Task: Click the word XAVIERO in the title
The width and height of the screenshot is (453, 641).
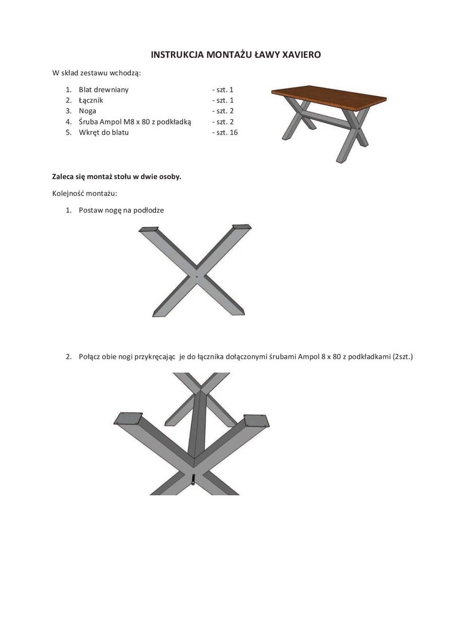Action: pyautogui.click(x=302, y=55)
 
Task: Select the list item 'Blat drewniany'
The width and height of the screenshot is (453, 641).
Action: pyautogui.click(x=103, y=90)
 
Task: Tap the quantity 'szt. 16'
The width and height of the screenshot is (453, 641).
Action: pyautogui.click(x=227, y=132)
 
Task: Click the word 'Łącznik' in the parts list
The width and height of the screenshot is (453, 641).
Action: pyautogui.click(x=91, y=100)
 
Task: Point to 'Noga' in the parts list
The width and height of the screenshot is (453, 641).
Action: pyautogui.click(x=87, y=111)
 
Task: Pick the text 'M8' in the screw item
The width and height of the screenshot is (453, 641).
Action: pyautogui.click(x=129, y=122)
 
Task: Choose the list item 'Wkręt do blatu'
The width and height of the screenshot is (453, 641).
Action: pyautogui.click(x=103, y=132)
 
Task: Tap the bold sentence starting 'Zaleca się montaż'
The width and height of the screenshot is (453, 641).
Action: pyautogui.click(x=117, y=176)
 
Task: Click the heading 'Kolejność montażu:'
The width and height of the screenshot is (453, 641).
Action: pyautogui.click(x=85, y=193)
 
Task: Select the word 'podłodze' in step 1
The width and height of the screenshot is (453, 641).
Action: pyautogui.click(x=148, y=210)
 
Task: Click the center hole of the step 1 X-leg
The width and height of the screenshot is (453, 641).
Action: pyautogui.click(x=197, y=276)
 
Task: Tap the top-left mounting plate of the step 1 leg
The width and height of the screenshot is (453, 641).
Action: pyautogui.click(x=149, y=229)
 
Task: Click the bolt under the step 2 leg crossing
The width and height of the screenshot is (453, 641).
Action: pyautogui.click(x=193, y=480)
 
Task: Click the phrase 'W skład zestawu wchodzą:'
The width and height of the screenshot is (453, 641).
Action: pyautogui.click(x=97, y=73)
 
